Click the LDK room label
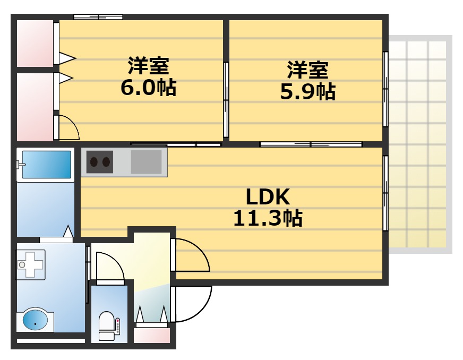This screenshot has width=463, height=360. (268, 197)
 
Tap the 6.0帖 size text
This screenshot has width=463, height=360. (149, 87)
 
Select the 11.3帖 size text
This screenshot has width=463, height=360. (268, 218)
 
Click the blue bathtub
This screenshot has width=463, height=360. (46, 165)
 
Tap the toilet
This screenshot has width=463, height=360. (107, 326)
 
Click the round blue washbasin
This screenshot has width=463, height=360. (35, 320)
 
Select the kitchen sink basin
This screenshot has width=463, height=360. (146, 162)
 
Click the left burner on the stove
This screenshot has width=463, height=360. (94, 162)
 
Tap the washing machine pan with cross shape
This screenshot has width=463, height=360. (30, 264)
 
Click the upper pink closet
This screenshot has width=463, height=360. (35, 44)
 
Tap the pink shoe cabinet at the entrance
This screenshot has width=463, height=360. (152, 336)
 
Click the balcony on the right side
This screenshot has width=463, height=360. (419, 144)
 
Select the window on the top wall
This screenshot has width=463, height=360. (98, 17)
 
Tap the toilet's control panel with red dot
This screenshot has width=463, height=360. (118, 326)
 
